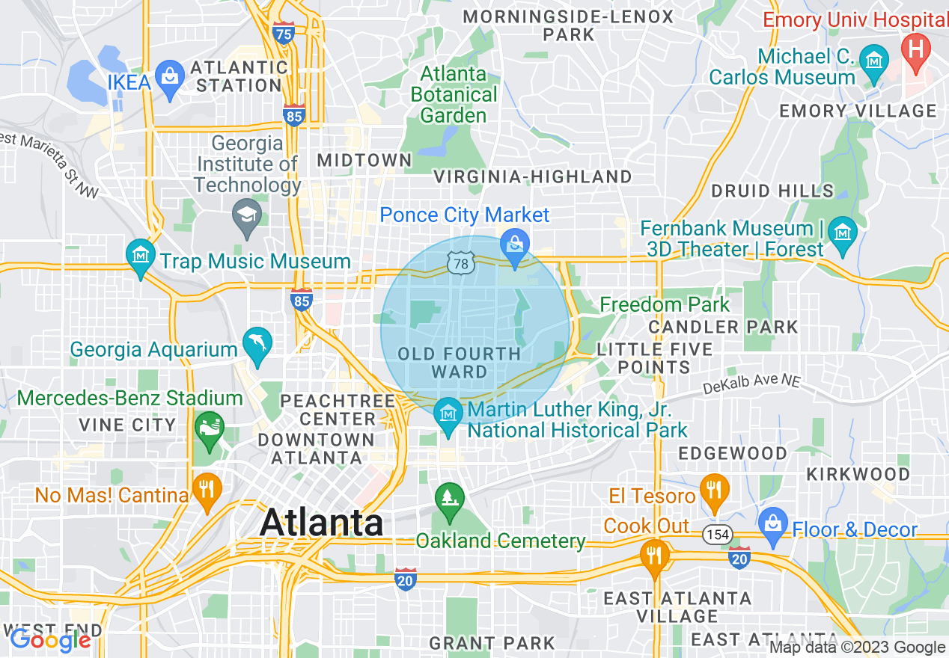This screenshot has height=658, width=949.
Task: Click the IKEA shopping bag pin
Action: pyautogui.click(x=170, y=79)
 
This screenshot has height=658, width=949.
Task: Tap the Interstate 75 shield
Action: pyautogui.click(x=284, y=34)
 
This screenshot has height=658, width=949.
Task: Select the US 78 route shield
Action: pyautogui.click(x=461, y=263)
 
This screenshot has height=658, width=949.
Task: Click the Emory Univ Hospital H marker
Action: pyautogui.click(x=915, y=52)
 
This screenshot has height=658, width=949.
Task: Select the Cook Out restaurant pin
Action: pyautogui.click(x=655, y=556)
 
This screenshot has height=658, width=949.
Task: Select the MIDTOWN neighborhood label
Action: pyautogui.click(x=364, y=160)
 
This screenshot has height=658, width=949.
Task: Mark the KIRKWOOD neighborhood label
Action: pyautogui.click(x=858, y=474)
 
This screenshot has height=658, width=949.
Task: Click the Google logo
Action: pyautogui.click(x=51, y=640)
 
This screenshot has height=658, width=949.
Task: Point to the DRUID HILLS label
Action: pyautogui.click(x=772, y=191)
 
